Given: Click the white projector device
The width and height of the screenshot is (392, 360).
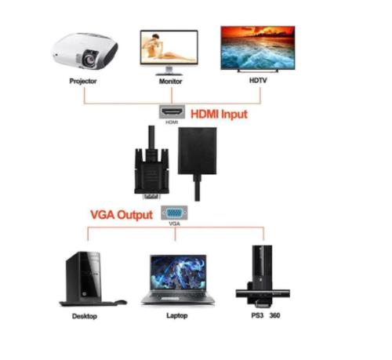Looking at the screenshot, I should pos(84,50).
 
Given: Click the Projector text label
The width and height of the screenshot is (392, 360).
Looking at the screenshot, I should pos(83,81).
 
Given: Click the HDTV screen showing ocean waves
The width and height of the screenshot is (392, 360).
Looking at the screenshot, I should pos(262,47).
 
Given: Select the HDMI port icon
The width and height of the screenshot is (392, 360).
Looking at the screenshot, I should pos(172,111).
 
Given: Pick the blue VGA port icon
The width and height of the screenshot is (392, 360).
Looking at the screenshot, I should pos(174,212).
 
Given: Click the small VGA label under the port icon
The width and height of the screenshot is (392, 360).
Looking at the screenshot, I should pos(174,224).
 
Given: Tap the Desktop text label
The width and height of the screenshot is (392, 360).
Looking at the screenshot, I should pos(84,316).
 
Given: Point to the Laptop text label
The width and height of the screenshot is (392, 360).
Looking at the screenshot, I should pos(176,316).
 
